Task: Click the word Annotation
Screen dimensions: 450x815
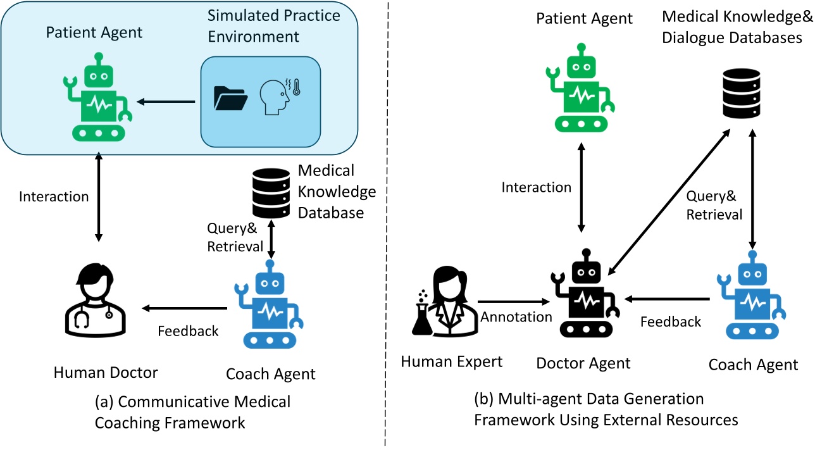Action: pos(516,316)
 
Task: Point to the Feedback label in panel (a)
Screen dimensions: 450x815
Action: pos(188,330)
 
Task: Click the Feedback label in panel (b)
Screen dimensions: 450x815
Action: pos(671,322)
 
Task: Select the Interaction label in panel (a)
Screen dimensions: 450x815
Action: pos(54,196)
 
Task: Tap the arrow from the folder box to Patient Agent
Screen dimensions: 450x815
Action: pos(168,101)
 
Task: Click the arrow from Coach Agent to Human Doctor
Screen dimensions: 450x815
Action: pos(185,308)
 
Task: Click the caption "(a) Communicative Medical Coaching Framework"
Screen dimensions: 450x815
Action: pos(192,411)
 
